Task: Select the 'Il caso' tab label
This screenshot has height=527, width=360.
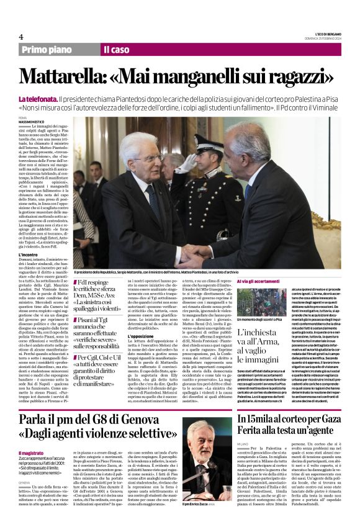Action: [116, 50]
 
